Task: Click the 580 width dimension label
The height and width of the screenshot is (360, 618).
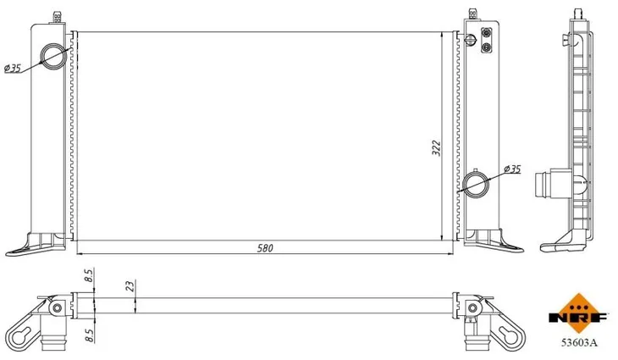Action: coord(265,248)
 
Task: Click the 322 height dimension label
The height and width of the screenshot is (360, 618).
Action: coord(436,148)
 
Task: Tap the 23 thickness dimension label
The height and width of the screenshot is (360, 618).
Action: coord(131,285)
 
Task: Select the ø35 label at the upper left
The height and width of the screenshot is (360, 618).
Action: coord(13,69)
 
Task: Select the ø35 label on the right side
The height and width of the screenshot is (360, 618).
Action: coord(512,169)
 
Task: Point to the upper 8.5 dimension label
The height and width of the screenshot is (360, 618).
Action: coord(89,275)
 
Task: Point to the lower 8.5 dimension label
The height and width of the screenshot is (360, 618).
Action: coord(89,335)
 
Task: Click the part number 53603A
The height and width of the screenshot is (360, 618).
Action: coord(579,343)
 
